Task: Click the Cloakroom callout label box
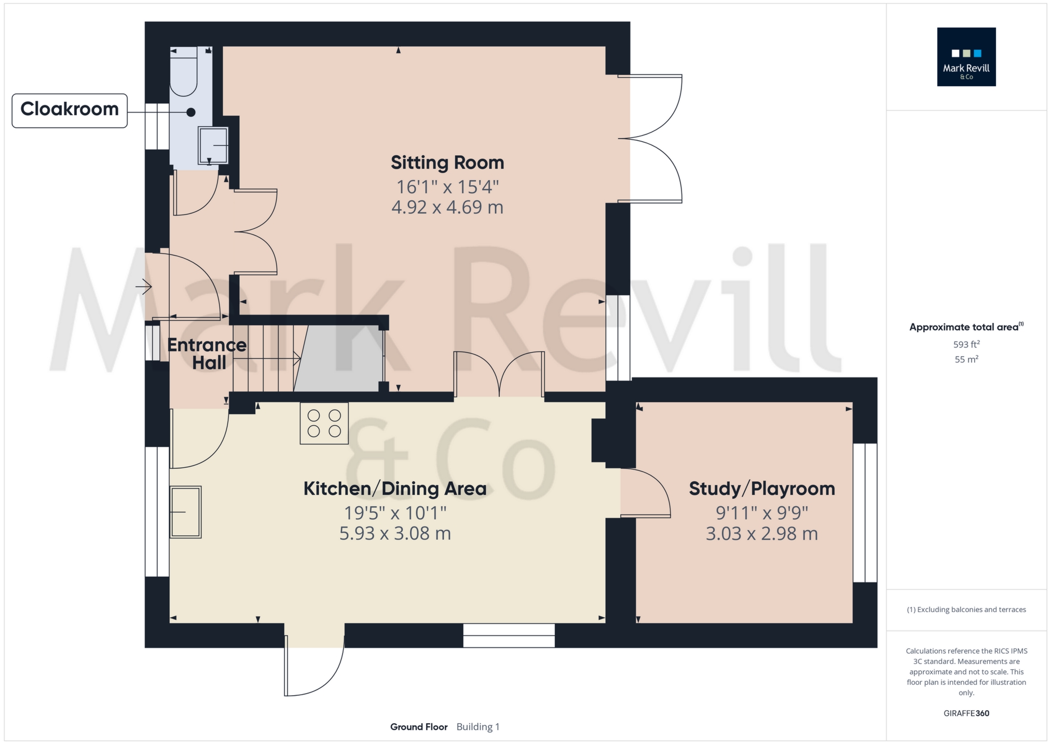coord(70,110)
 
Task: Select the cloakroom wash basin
coord(213,146)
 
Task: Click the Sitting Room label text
coord(447,163)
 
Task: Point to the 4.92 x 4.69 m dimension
coord(447,207)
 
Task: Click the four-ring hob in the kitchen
coord(324,423)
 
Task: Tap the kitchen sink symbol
coord(185,512)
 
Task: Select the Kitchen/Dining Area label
coord(394,489)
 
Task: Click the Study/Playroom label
coord(761,489)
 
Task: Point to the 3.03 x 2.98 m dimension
coord(761,534)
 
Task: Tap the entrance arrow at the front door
coord(144,286)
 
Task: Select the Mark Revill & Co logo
coord(966,57)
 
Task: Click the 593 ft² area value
coord(966,344)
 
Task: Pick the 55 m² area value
coord(966,359)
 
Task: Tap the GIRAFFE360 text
coord(966,713)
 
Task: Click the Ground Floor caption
coord(418,727)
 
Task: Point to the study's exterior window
coord(865,512)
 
